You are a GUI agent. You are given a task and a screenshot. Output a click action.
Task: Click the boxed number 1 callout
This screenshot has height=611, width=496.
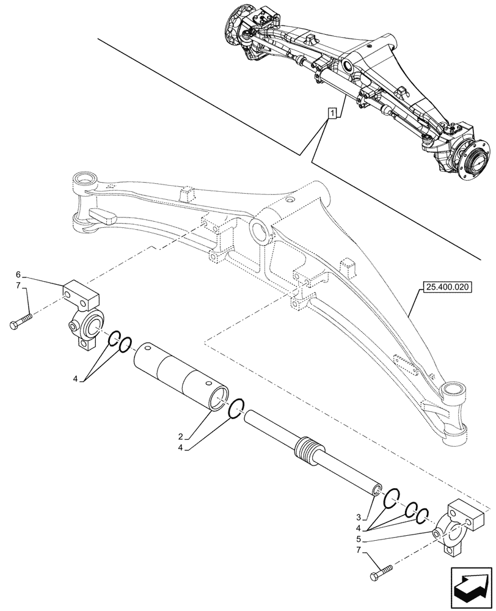(x=332, y=113)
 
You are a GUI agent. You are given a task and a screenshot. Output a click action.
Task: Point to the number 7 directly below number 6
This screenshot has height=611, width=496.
(x=18, y=285)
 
